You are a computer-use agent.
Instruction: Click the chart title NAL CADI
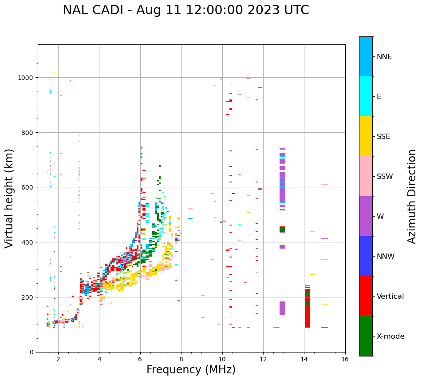tap(185, 10)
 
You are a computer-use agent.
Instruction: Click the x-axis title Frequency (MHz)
tap(191, 370)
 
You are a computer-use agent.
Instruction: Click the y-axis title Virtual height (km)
tap(9, 198)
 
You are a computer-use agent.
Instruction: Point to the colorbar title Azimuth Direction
tap(412, 196)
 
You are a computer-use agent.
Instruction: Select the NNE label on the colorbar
tap(384, 57)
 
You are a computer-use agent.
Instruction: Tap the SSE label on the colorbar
tap(383, 137)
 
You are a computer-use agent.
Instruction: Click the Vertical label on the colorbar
tap(390, 297)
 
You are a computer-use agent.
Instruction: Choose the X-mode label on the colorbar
tap(390, 336)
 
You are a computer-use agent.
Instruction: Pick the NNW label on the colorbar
tap(386, 257)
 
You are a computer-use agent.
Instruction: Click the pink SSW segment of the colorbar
tap(366, 176)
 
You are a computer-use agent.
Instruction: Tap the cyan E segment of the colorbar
tap(366, 96)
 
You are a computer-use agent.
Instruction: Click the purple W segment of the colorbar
tap(366, 216)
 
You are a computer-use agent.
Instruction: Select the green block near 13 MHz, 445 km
tap(282, 230)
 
